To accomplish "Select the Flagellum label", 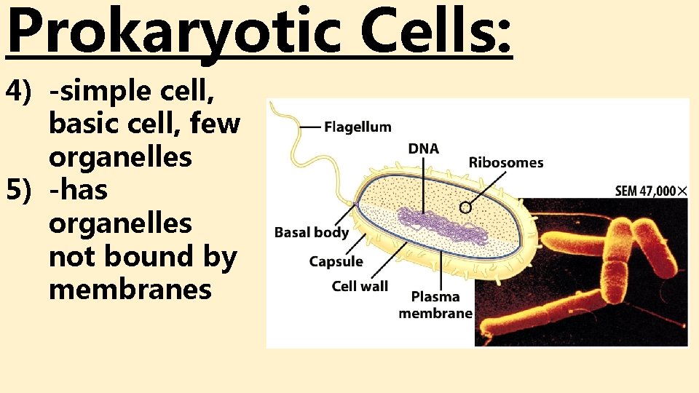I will point(358,127).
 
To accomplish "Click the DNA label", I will point(423,148).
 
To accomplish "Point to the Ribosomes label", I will point(505,162).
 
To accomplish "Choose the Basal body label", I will point(311,233).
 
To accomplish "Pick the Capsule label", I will point(336,261).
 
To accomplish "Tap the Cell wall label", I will point(360,286).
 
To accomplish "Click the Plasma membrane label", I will point(435,305).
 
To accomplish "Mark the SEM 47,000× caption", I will point(651,191).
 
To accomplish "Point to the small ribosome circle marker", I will point(466,207).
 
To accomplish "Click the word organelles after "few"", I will point(120,157).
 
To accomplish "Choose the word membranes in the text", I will point(130,290).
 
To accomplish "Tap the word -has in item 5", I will point(78,191).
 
